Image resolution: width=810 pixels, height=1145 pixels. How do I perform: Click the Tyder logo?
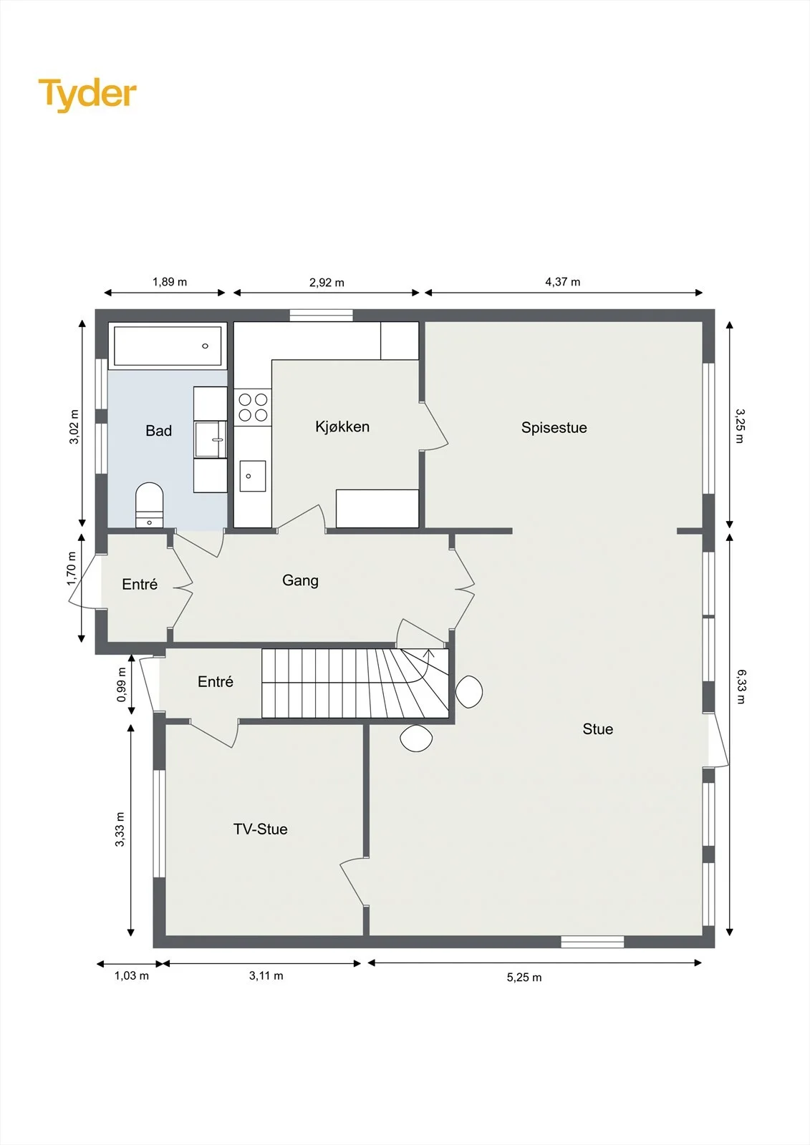(87, 94)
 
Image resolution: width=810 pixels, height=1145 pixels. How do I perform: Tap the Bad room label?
(158, 431)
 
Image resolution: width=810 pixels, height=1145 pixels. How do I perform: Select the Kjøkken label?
(342, 427)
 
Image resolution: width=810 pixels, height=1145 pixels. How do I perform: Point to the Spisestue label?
(554, 428)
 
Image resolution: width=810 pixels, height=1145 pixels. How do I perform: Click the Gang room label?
(300, 580)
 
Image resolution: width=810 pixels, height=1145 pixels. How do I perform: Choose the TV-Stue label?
(261, 829)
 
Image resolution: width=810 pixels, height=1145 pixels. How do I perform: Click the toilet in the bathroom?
(150, 505)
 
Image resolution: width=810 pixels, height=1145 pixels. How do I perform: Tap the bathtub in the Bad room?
(168, 346)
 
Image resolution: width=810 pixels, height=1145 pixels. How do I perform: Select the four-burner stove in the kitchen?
(253, 407)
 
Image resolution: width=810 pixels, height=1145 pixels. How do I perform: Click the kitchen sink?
(253, 476)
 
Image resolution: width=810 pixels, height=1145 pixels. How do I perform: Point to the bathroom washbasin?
(211, 439)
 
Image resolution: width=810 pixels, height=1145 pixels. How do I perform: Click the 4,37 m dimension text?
(563, 282)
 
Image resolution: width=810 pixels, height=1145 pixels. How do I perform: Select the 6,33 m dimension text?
(741, 686)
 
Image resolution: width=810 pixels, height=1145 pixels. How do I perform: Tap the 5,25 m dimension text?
(524, 978)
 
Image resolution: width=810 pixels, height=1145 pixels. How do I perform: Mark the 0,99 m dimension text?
(121, 684)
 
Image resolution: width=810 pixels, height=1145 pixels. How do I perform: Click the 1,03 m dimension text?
(132, 976)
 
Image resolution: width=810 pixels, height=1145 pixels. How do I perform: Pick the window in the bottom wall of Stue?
(592, 942)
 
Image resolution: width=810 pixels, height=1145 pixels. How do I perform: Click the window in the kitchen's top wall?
(322, 316)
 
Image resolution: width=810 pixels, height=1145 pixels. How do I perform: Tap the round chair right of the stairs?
(468, 691)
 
